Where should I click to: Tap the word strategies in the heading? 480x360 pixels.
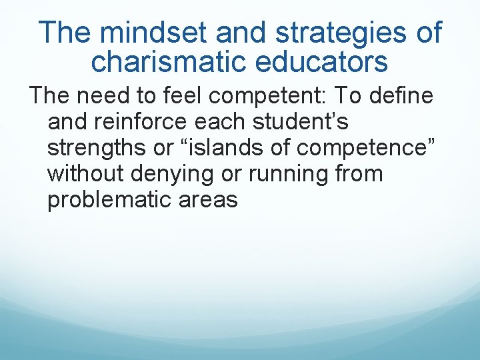click(340, 32)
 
